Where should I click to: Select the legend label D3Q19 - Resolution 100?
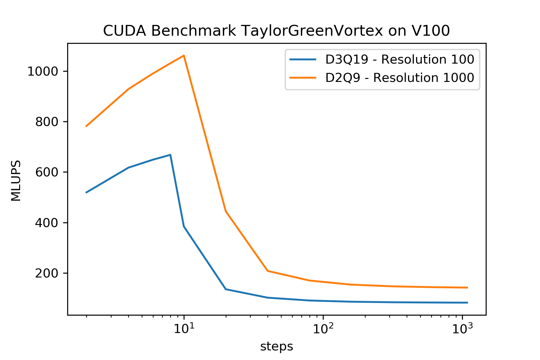click(x=400, y=59)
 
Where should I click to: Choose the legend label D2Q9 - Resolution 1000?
click(x=400, y=78)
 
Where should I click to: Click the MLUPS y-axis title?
click(x=16, y=181)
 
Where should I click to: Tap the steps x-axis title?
click(x=277, y=346)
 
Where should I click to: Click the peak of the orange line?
click(x=184, y=55)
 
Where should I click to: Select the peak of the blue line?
click(x=170, y=155)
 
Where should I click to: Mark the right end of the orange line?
click(x=467, y=287)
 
